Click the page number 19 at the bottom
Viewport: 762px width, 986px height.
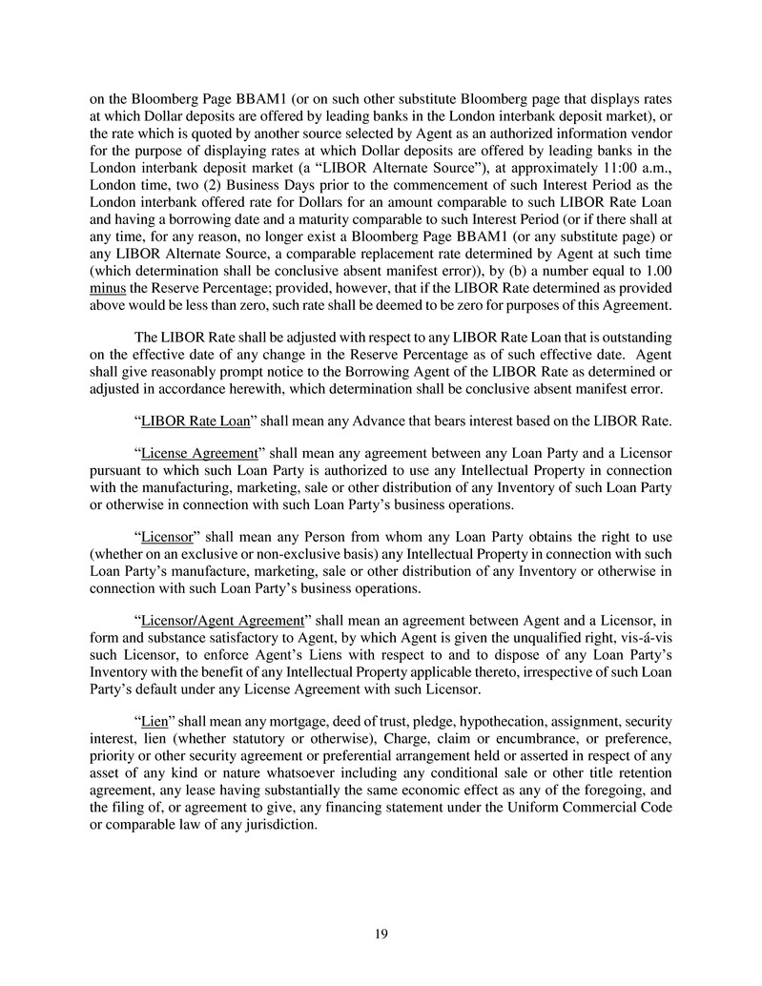pos(381,934)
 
